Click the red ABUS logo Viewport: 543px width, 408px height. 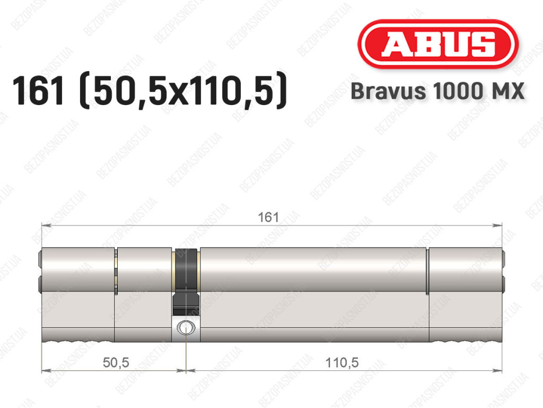[437, 44]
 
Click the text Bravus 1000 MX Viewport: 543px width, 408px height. [437, 91]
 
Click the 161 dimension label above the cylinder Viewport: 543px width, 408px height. [268, 217]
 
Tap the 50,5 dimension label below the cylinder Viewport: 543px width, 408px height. [116, 362]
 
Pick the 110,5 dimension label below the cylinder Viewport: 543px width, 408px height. [342, 362]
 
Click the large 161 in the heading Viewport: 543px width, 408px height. [38, 91]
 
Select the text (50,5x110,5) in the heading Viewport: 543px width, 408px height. [183, 91]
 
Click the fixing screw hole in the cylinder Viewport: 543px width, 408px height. [186, 328]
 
